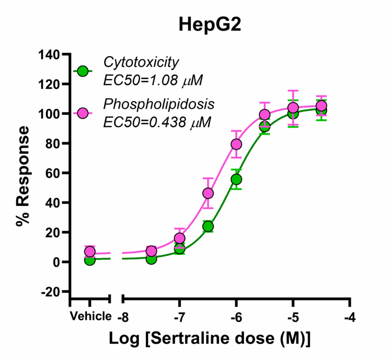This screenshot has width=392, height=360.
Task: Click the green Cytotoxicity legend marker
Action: tap(83, 71)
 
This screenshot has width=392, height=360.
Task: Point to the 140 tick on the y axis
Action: tap(54, 54)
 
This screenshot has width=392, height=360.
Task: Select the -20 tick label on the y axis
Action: tap(53, 292)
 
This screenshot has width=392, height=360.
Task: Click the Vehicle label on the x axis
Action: tap(90, 316)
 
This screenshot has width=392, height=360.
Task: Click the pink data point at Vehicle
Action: tap(90, 251)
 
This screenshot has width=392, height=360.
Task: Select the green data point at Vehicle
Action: tap(90, 260)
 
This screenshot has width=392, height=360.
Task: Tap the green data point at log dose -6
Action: tap(236, 179)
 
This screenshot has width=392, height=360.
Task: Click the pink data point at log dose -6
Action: tap(236, 144)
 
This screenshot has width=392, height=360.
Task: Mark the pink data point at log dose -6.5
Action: tap(208, 193)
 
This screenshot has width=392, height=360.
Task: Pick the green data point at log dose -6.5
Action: tap(208, 226)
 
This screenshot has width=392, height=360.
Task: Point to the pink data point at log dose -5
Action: tap(293, 108)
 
